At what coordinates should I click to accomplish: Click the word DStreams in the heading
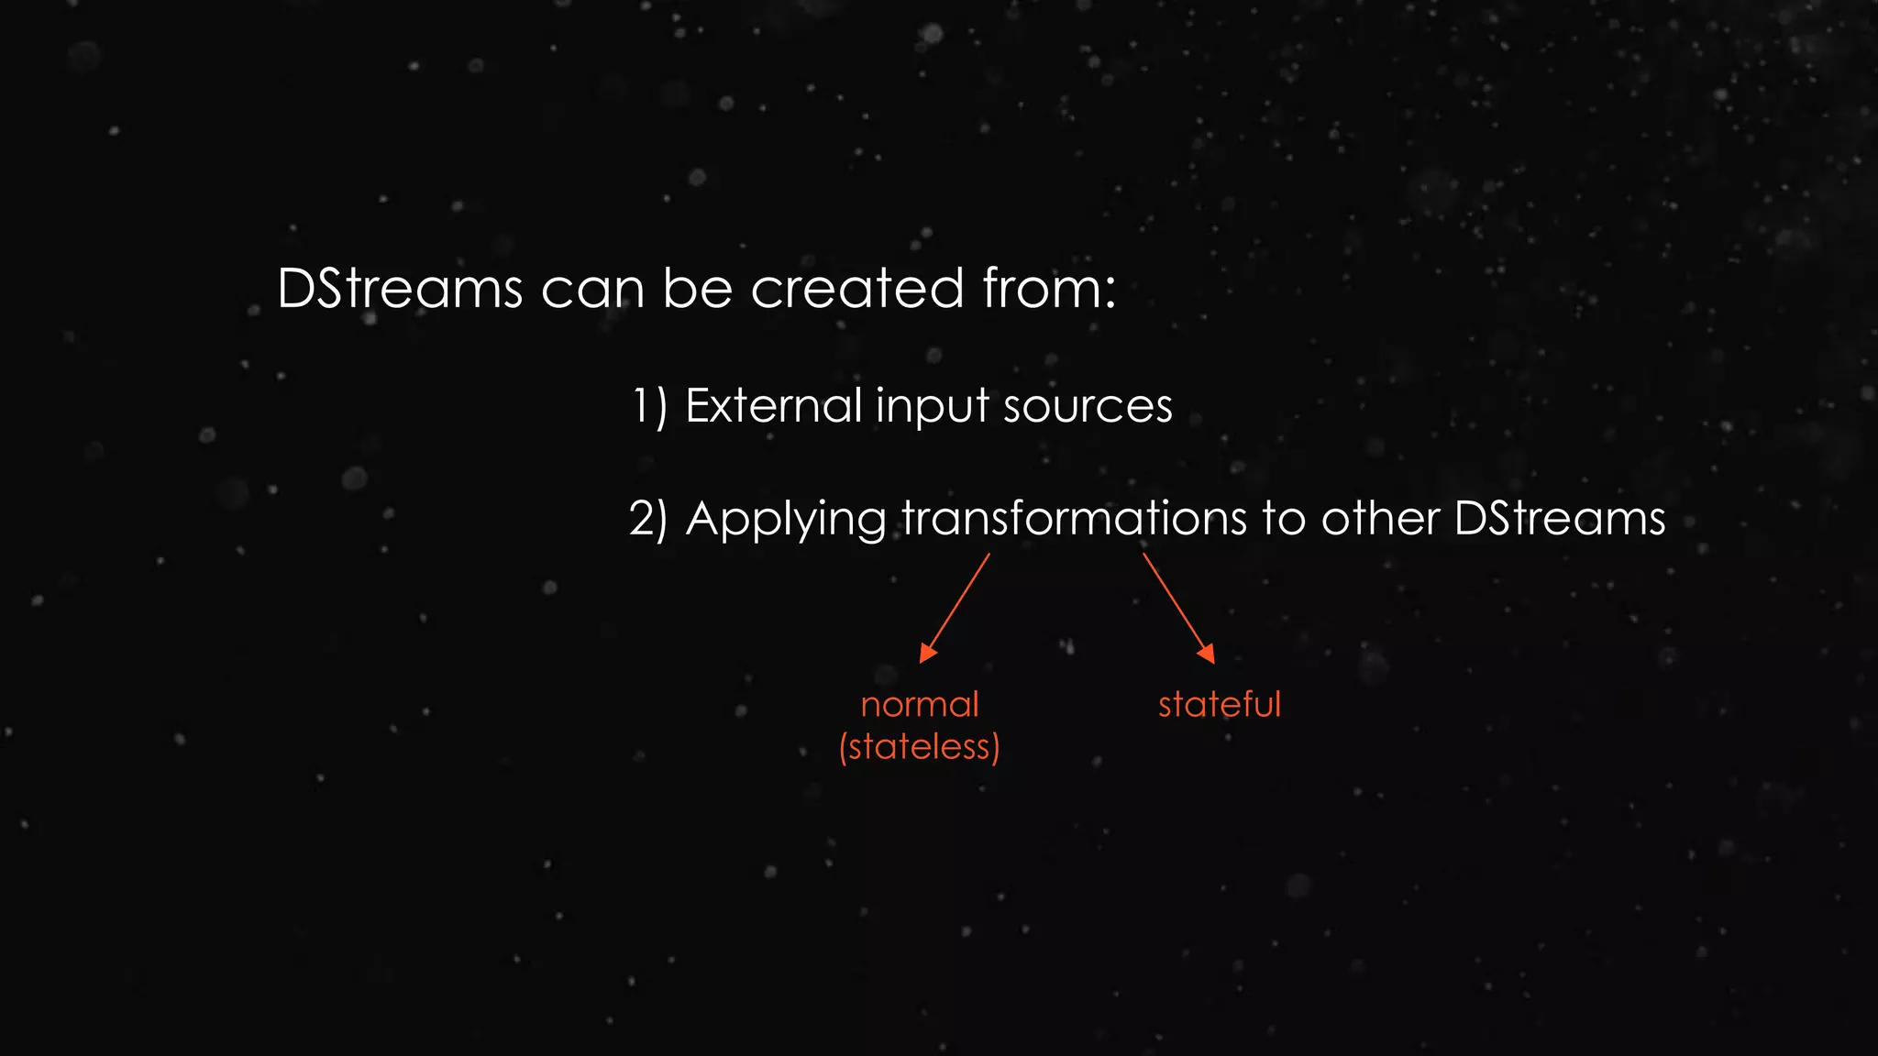pos(400,289)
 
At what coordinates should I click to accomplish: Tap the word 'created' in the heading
pos(857,289)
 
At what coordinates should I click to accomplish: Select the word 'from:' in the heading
pos(1049,289)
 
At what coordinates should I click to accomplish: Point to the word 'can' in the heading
pos(592,291)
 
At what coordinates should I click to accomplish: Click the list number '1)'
pos(649,405)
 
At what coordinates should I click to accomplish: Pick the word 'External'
pos(773,405)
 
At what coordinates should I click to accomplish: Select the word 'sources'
pos(1088,407)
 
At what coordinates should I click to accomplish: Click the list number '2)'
pos(649,519)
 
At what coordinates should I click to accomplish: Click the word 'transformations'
pos(1074,519)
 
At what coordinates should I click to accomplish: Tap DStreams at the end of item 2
pos(1560,519)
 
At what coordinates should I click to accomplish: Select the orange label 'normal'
pos(920,705)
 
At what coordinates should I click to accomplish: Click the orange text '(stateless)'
pos(920,747)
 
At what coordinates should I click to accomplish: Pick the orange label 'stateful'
pos(1219,705)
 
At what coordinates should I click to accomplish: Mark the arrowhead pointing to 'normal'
pos(927,653)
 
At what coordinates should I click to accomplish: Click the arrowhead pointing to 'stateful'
pos(1207,653)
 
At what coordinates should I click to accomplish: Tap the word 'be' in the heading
pos(697,289)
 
